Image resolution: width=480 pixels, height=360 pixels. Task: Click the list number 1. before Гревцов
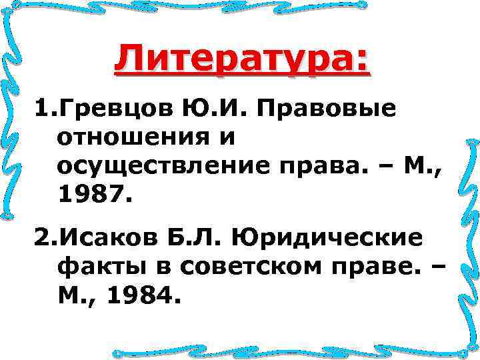point(40,109)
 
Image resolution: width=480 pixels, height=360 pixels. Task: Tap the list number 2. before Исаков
point(40,238)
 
